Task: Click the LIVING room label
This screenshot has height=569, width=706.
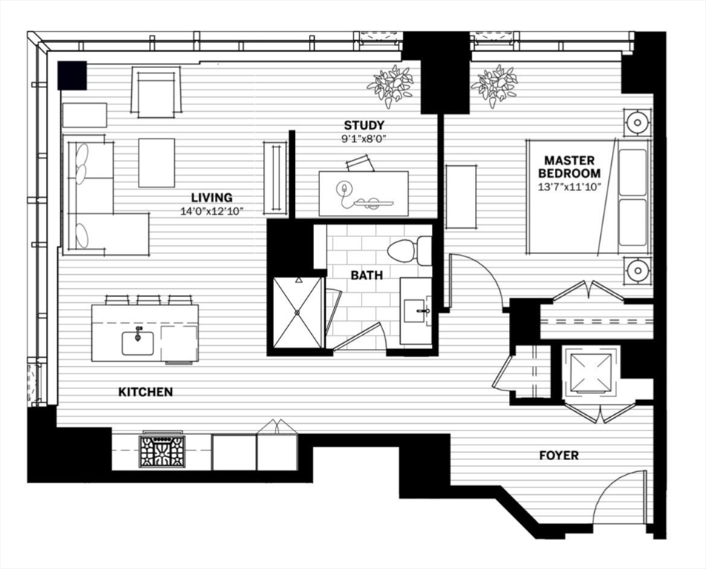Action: tap(212, 198)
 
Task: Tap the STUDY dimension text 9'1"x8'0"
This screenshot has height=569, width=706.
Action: tap(364, 138)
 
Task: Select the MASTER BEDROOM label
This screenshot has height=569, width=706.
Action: tap(570, 167)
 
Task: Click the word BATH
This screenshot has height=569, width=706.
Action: tap(367, 275)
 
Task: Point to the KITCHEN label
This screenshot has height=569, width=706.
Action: tap(146, 392)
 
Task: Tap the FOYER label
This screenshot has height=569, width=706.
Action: tap(559, 456)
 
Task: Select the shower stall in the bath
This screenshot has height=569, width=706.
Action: tap(298, 312)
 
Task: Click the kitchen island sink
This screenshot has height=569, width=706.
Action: tap(138, 342)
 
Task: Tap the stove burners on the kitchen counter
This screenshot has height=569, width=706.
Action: tap(162, 451)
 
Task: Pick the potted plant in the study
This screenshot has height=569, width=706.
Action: tap(390, 85)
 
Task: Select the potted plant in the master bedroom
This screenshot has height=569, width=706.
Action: tap(495, 85)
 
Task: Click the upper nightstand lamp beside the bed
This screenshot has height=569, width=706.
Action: tap(637, 122)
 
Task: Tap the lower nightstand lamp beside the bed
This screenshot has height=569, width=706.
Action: tap(637, 270)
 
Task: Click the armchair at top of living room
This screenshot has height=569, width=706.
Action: tap(156, 92)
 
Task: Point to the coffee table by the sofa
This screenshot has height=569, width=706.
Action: tap(156, 162)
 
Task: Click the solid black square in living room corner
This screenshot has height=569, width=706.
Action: tap(72, 75)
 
